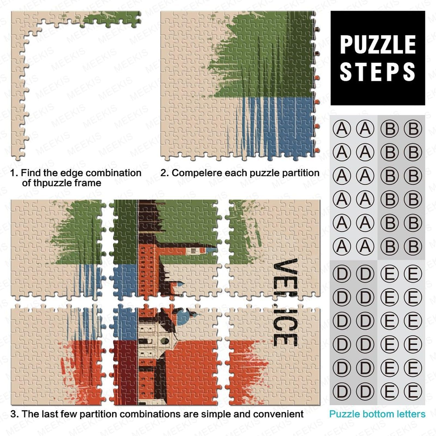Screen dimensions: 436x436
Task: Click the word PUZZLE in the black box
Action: click(x=378, y=45)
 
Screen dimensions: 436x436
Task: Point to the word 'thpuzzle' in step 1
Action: click(x=49, y=183)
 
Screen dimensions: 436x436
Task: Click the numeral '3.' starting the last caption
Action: click(x=15, y=414)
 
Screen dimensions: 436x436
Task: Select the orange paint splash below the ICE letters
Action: click(x=247, y=368)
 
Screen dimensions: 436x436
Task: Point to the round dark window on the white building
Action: click(x=165, y=340)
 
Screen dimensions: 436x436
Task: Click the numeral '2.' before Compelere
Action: click(x=165, y=173)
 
